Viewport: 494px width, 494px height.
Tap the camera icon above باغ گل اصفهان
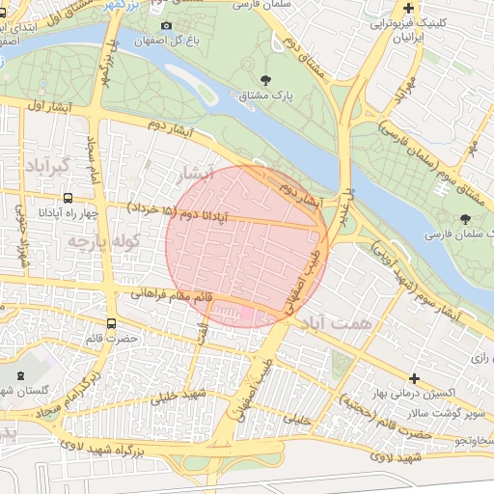point(166,26)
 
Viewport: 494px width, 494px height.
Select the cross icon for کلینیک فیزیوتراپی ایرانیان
point(409,8)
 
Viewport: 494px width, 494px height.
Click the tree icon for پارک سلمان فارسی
point(466,219)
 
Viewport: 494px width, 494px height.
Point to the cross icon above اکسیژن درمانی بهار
point(415,378)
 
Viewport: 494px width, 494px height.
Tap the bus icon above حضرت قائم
point(111,324)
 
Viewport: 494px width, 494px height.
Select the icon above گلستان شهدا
point(22,372)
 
